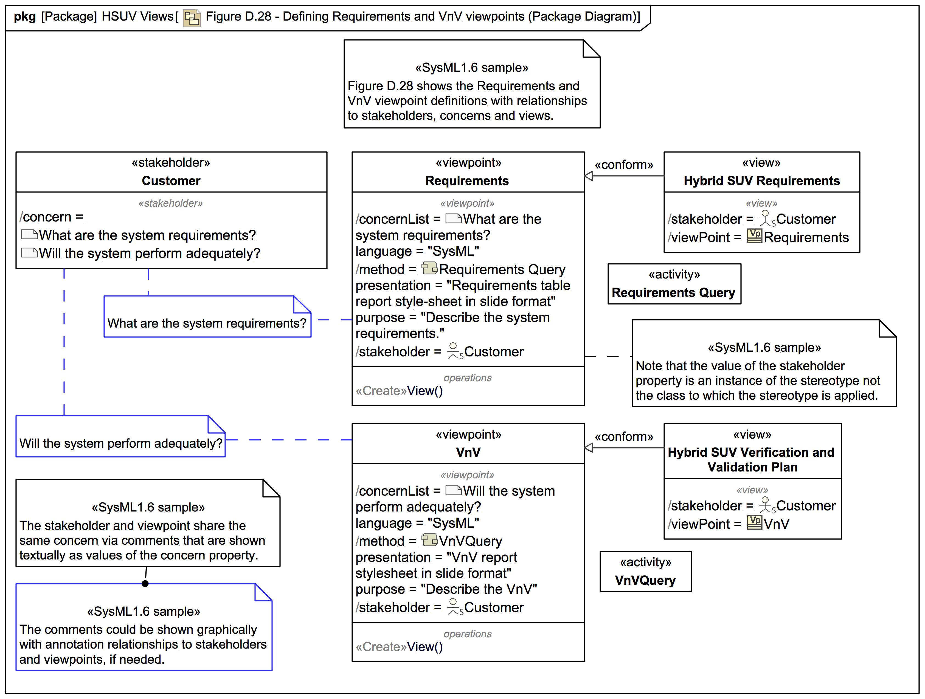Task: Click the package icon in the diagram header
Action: click(x=192, y=18)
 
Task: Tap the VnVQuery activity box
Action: click(x=645, y=572)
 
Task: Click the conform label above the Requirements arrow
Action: click(x=623, y=165)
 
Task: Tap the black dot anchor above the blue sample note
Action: click(x=145, y=584)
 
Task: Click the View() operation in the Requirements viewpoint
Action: click(x=424, y=391)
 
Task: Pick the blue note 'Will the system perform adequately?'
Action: click(x=120, y=443)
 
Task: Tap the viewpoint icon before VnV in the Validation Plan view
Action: click(x=754, y=523)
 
